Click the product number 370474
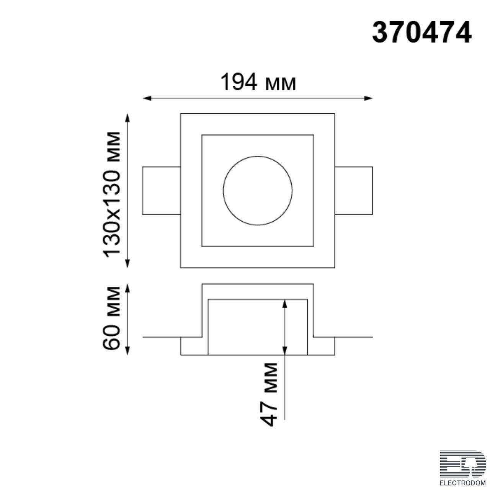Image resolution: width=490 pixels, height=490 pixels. tap(422, 33)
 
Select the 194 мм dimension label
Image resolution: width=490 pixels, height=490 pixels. tap(258, 82)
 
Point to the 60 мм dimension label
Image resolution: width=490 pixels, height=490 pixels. tap(111, 318)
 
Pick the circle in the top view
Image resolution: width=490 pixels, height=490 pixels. tap(258, 156)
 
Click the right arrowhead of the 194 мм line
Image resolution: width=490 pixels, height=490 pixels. tap(368, 98)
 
